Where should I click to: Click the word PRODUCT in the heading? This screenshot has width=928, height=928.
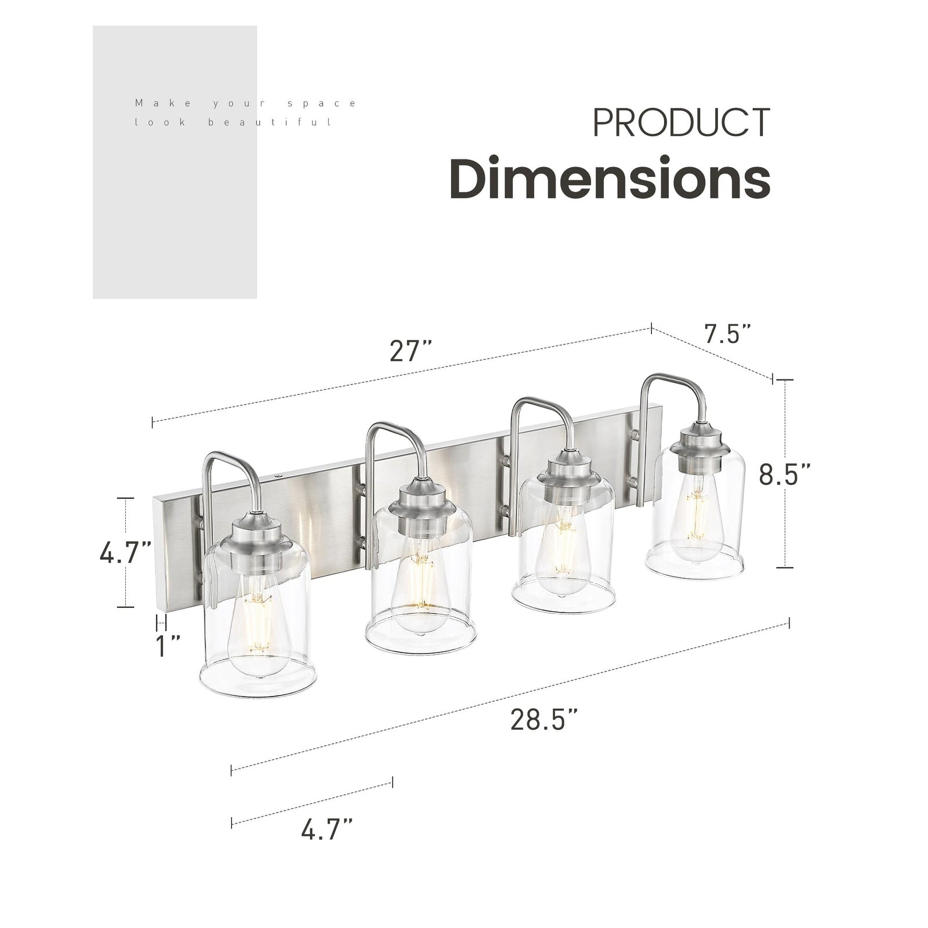681,122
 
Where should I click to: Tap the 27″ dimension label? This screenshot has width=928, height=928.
410,351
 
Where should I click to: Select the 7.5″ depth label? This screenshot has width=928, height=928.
727,335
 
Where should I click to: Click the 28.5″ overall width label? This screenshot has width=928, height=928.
544,720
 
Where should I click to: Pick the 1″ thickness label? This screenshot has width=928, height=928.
168,646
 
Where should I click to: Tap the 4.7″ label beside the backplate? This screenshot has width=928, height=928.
125,553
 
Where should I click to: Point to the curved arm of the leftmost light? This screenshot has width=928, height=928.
232,464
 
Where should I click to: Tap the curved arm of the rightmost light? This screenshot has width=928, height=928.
673,386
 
